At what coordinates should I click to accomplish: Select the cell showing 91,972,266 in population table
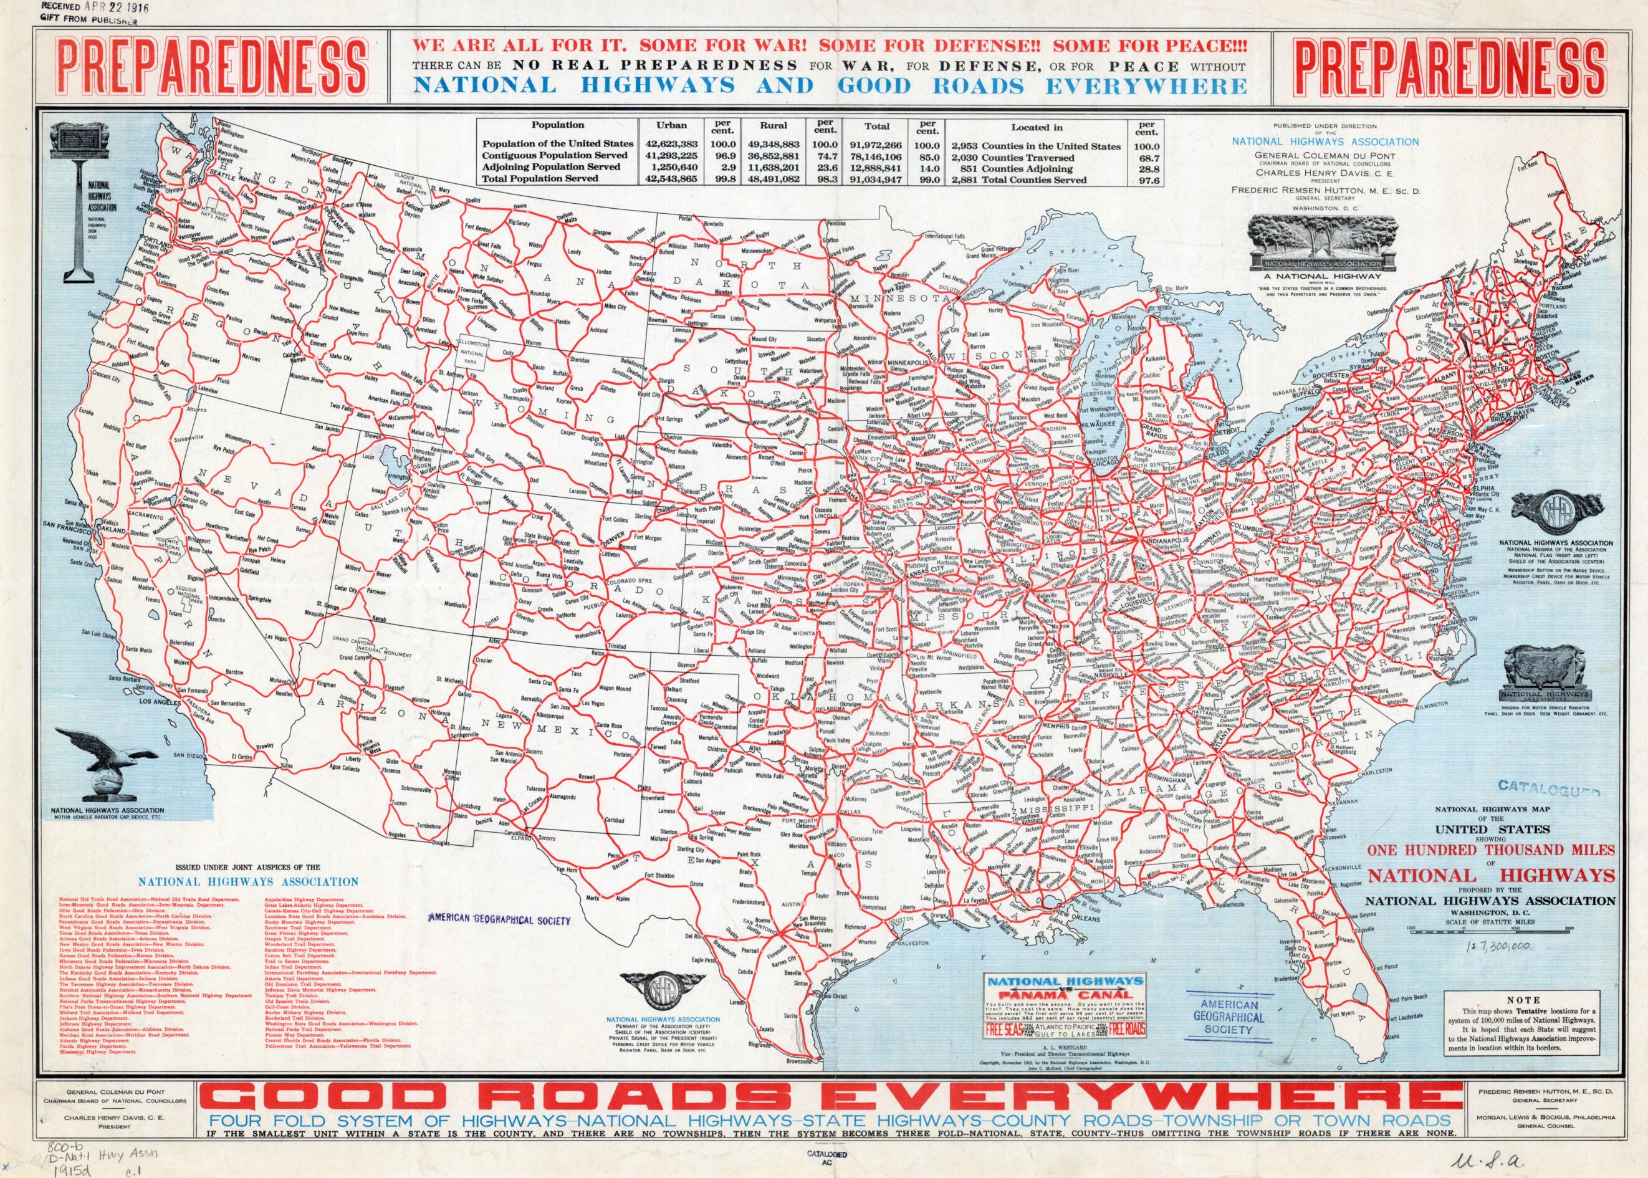pyautogui.click(x=877, y=145)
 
